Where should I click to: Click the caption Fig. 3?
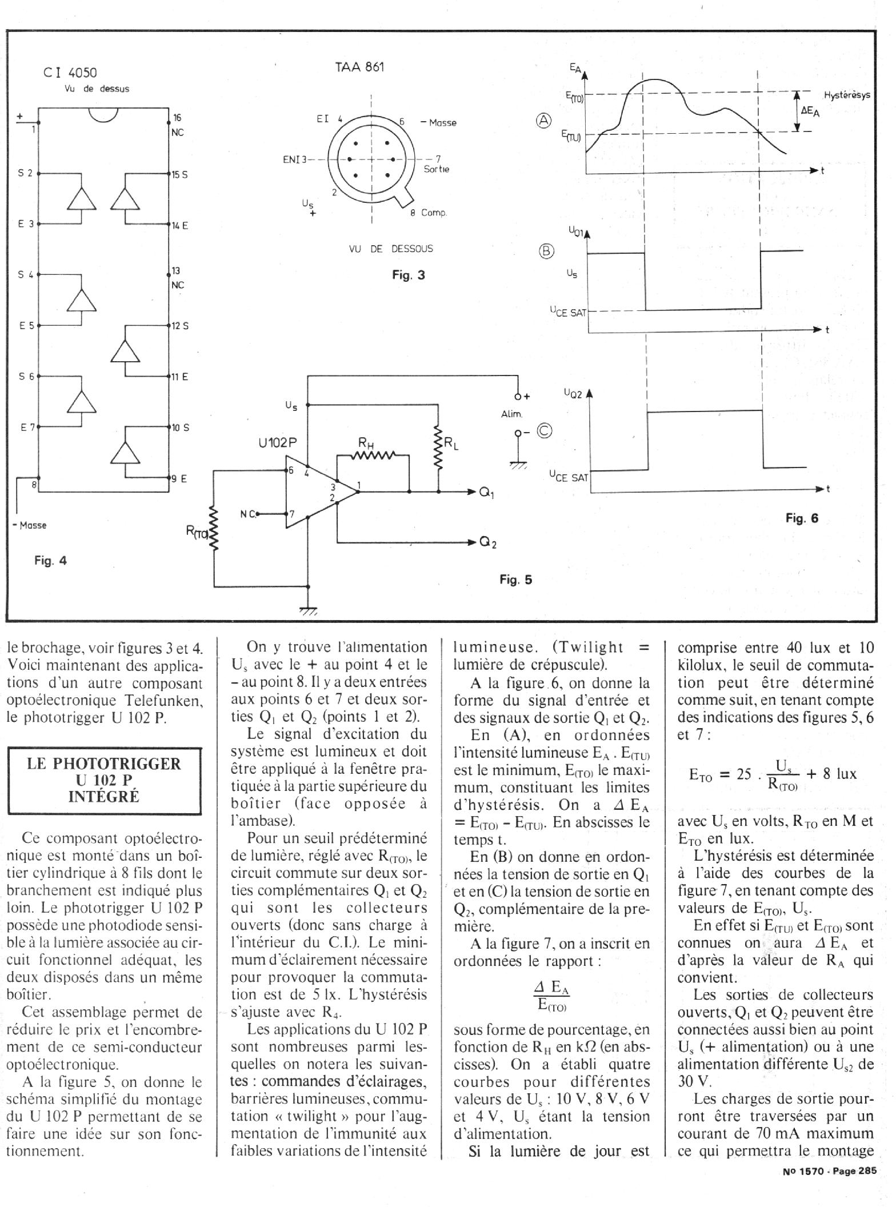(x=409, y=275)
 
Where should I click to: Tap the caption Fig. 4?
(x=50, y=561)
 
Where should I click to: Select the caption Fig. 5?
(x=515, y=579)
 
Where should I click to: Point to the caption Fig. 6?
(x=802, y=518)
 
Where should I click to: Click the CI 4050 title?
(x=70, y=73)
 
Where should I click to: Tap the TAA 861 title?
(x=359, y=67)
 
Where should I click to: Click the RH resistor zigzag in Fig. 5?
(x=373, y=455)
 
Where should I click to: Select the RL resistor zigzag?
(x=438, y=447)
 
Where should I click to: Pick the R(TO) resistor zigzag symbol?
(x=214, y=529)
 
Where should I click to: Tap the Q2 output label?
(x=487, y=543)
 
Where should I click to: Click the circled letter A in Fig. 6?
(x=544, y=120)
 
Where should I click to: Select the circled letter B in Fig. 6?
(x=547, y=251)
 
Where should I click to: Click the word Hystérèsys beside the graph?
(x=847, y=95)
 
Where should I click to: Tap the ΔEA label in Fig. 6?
(x=810, y=111)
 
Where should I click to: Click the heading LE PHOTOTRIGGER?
(x=104, y=764)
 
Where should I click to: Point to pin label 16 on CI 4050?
(x=177, y=118)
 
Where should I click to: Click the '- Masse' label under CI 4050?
(x=30, y=525)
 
